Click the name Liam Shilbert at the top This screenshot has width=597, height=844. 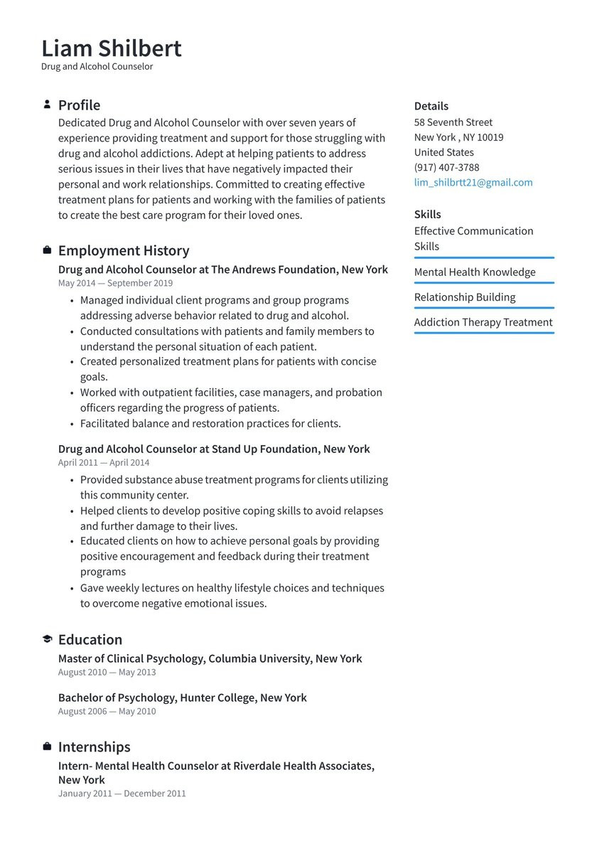click(x=112, y=48)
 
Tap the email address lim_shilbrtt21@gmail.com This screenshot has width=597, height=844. click(x=473, y=183)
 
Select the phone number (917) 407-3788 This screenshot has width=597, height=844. click(x=446, y=168)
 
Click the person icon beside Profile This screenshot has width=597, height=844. click(x=47, y=105)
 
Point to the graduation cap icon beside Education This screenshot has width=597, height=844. click(x=47, y=639)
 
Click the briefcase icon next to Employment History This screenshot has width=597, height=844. click(x=47, y=250)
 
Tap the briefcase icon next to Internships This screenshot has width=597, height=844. click(x=47, y=747)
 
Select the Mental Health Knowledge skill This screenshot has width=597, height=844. click(x=475, y=272)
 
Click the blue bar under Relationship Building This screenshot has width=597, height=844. click(x=484, y=308)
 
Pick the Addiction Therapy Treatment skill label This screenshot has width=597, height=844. click(x=483, y=322)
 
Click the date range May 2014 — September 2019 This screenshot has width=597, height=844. click(x=115, y=283)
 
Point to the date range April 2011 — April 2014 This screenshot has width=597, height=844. click(x=104, y=462)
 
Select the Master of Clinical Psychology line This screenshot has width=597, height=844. click(x=210, y=658)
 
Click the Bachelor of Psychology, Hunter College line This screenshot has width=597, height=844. click(x=183, y=698)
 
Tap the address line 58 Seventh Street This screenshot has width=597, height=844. click(x=453, y=122)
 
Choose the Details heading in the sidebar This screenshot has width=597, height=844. click(x=431, y=106)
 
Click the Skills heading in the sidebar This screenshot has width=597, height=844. click(x=428, y=214)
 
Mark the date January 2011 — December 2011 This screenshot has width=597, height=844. click(x=122, y=794)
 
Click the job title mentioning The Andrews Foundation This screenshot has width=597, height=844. click(x=223, y=269)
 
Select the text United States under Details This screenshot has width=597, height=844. click(x=444, y=152)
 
